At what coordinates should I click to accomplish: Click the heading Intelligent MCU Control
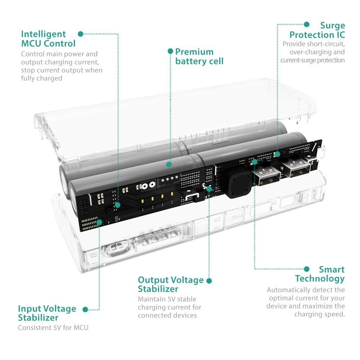tap(48, 39)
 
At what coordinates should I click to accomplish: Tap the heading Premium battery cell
tap(199, 57)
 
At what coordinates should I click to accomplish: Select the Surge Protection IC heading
tap(317, 30)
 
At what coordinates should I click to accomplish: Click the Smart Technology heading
tap(319, 274)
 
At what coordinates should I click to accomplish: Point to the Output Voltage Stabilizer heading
tap(170, 284)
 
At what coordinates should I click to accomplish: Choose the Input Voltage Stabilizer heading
tap(47, 313)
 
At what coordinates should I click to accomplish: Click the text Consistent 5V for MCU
tap(53, 328)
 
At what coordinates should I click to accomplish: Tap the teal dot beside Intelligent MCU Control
tap(81, 34)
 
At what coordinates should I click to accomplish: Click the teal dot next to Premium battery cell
tap(170, 51)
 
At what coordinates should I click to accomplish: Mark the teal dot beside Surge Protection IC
tap(307, 24)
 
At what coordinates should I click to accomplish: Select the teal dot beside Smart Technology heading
tap(307, 269)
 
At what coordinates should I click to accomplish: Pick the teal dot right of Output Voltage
tap(209, 280)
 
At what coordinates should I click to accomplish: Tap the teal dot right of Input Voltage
tap(85, 309)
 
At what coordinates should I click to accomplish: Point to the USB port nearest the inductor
tap(267, 175)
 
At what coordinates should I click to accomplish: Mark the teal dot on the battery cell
tap(168, 165)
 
